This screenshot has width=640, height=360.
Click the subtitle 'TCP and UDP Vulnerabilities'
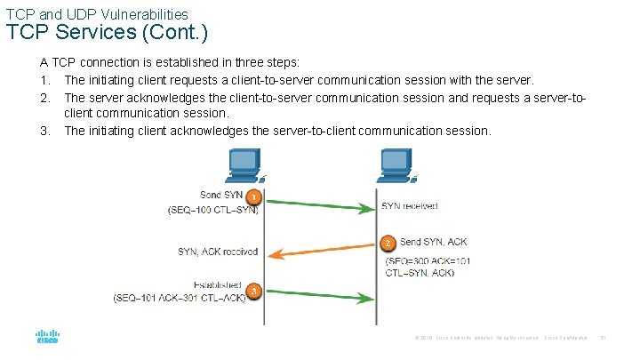click(97, 14)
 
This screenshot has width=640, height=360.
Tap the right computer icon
click(393, 164)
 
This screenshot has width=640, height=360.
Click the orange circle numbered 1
click(254, 197)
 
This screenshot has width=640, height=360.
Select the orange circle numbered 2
click(387, 243)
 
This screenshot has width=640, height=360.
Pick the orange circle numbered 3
click(254, 290)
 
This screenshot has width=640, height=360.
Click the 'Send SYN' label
click(222, 195)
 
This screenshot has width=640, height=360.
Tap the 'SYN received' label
click(409, 206)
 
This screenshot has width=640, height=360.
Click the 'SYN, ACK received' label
click(217, 252)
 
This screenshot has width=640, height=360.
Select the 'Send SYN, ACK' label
click(433, 242)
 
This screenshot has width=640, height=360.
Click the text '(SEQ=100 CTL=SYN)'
click(213, 211)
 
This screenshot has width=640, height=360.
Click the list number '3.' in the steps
click(44, 131)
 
